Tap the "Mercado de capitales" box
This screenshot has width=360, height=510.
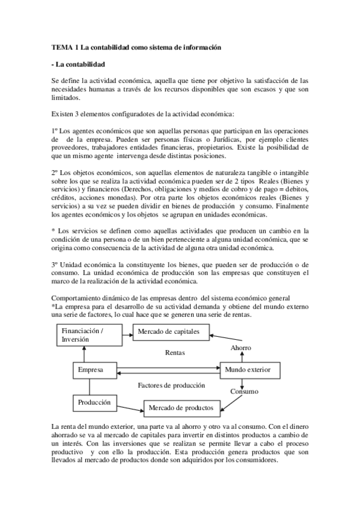[168, 331]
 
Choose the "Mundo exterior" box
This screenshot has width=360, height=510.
[247, 369]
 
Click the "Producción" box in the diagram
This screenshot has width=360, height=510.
[95, 401]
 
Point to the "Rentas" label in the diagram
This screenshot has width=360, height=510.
[175, 352]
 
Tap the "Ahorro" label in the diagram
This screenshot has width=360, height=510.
[241, 348]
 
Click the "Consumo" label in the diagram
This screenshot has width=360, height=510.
[244, 392]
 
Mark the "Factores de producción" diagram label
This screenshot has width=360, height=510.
[171, 386]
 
